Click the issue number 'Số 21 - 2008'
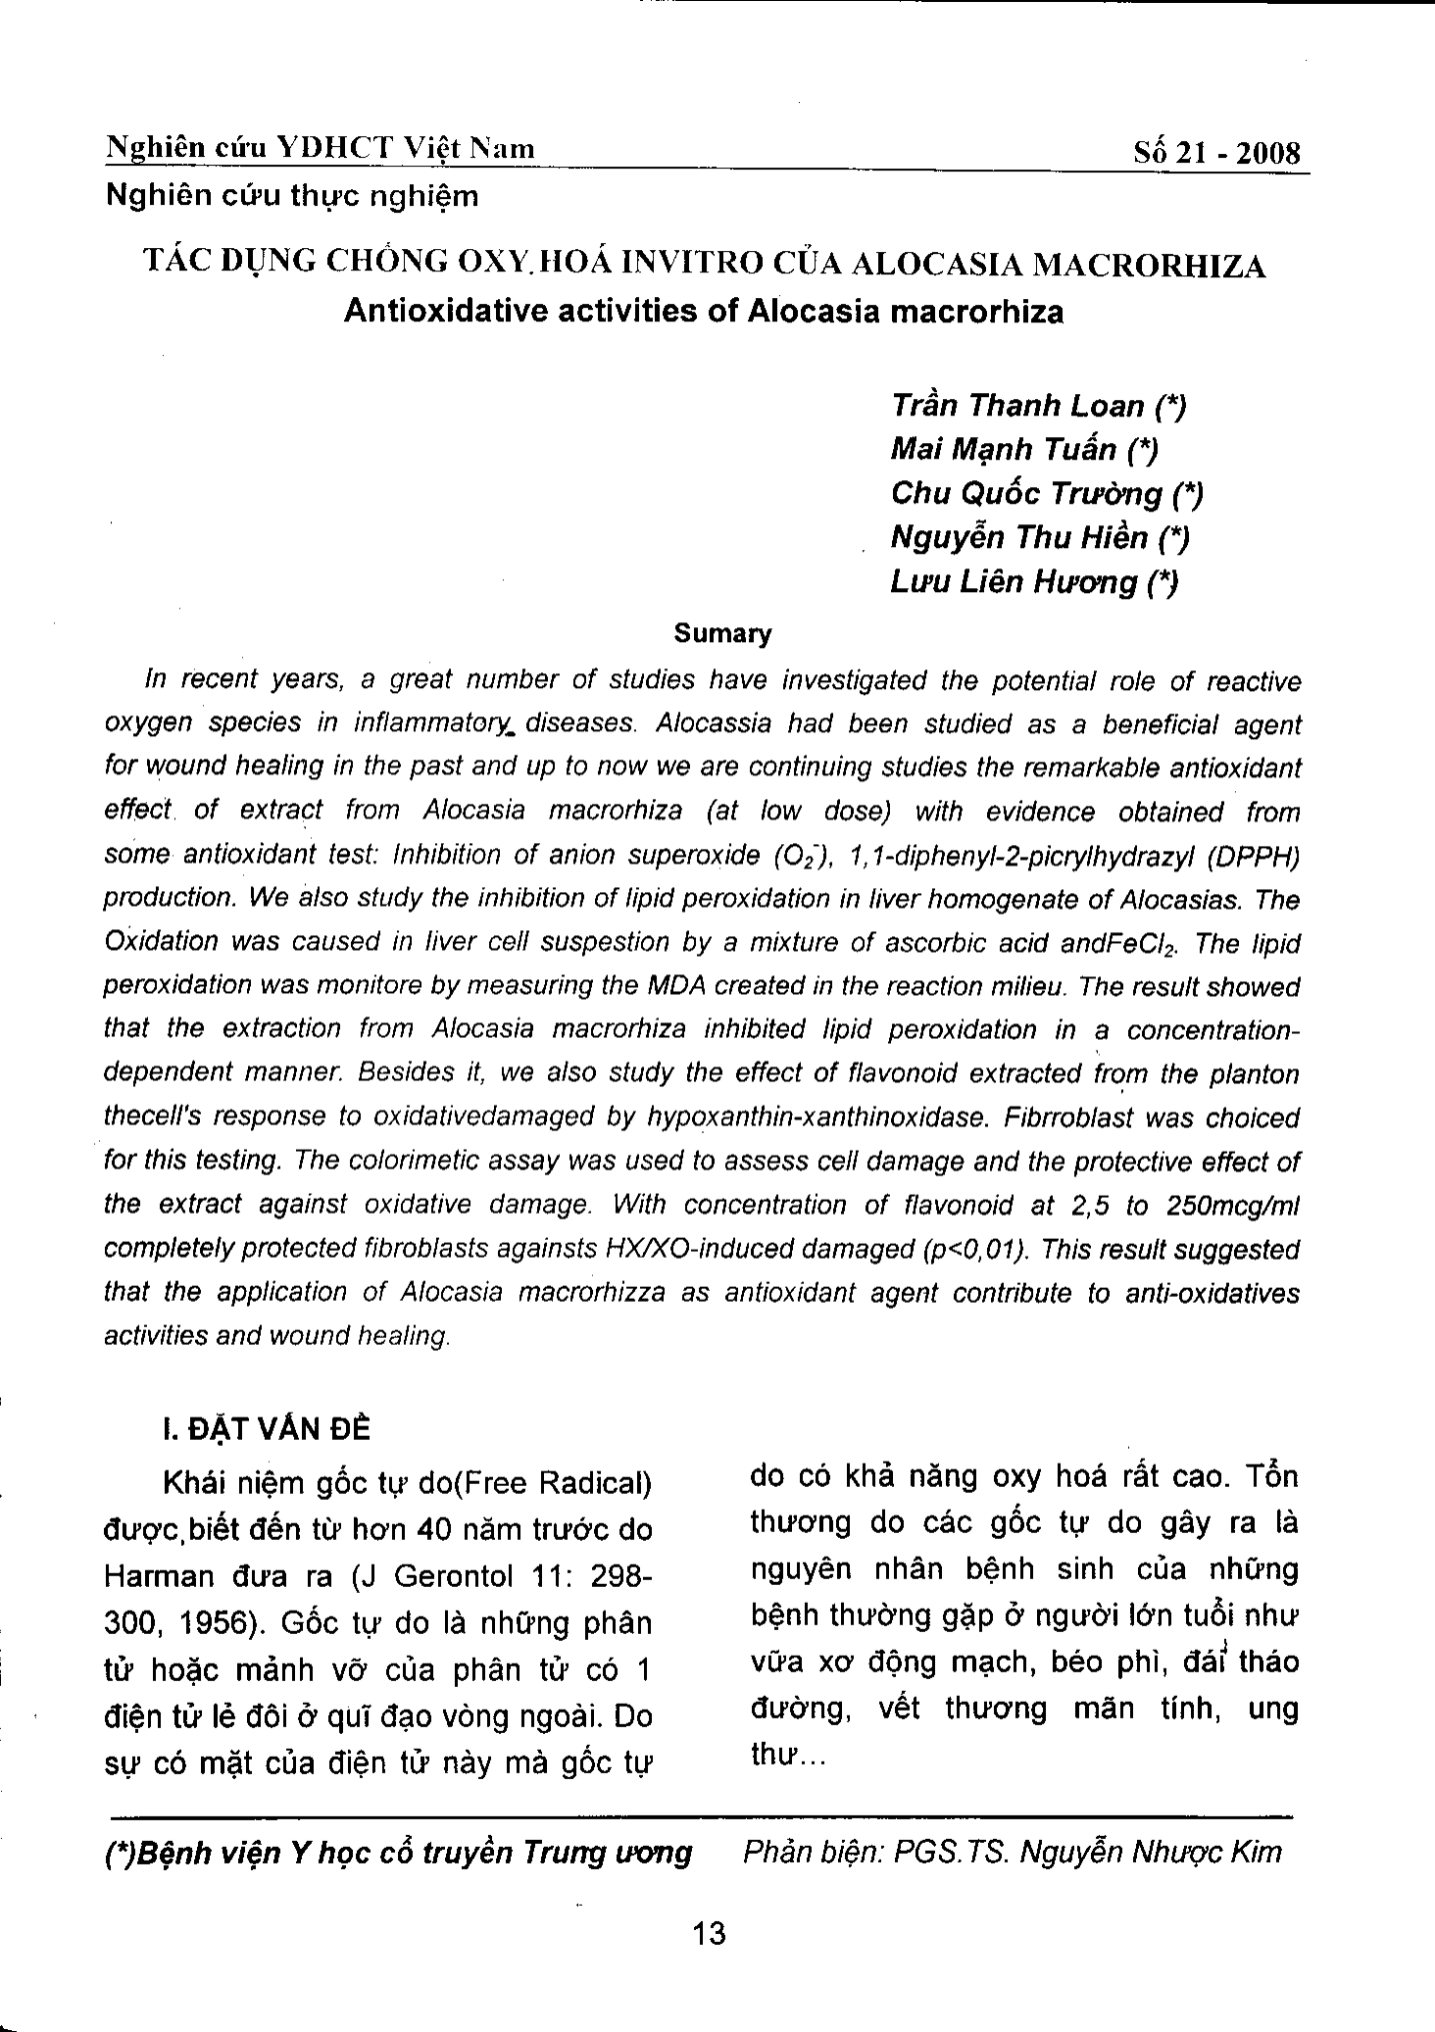[x=1216, y=154]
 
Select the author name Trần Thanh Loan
[x=1017, y=405]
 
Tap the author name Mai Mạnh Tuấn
[x=1003, y=449]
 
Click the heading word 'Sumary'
[x=722, y=633]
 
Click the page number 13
[x=708, y=1934]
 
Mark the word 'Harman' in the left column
[x=158, y=1576]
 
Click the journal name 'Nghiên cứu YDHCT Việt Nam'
[x=321, y=148]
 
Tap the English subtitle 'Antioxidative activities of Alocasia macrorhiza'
[x=704, y=311]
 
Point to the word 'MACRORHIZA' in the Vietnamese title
[x=1150, y=265]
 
